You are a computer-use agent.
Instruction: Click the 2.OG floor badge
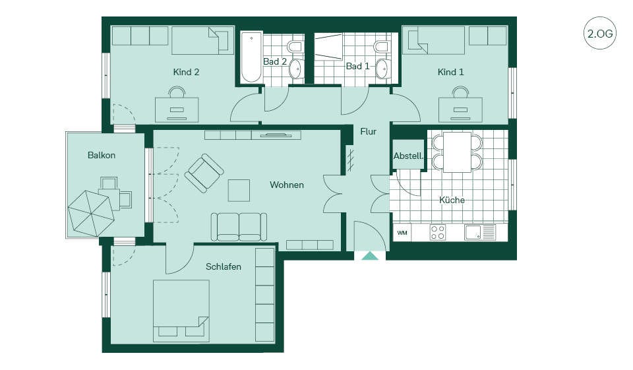point(600,33)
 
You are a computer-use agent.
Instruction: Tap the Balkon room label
point(102,155)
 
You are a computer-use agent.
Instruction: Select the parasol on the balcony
point(92,214)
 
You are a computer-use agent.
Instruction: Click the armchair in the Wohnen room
point(204,173)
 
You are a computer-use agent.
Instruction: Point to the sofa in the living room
point(239,227)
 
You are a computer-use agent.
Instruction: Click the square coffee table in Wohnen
point(239,190)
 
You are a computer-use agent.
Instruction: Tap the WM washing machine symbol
point(402,233)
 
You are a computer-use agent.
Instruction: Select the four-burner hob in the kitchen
point(438,233)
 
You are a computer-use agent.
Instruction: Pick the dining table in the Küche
point(458,152)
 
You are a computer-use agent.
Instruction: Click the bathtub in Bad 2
point(251,58)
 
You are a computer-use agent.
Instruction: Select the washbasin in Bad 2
point(296,69)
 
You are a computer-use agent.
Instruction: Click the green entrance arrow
point(370,256)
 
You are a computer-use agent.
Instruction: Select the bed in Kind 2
point(203,40)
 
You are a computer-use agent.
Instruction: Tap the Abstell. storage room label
point(409,156)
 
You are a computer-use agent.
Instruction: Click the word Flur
point(368,131)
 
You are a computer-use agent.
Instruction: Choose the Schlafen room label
point(224,266)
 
